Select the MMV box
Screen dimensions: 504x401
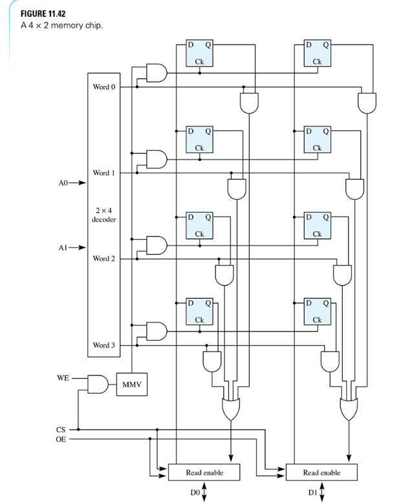click(x=131, y=386)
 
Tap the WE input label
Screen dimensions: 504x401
click(x=62, y=378)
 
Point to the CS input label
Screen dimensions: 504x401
click(x=60, y=428)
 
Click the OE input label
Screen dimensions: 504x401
click(x=60, y=439)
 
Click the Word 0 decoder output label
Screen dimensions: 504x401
click(x=104, y=86)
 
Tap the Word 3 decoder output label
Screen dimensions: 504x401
click(x=104, y=345)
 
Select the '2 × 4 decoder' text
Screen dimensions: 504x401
click(x=104, y=215)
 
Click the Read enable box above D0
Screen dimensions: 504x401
click(x=204, y=472)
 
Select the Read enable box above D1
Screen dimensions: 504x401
click(x=321, y=472)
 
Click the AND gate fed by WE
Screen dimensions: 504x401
click(x=97, y=384)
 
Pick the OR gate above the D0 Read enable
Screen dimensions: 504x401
click(x=232, y=408)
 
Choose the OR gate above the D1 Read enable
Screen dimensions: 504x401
click(x=349, y=408)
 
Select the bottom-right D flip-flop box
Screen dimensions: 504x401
click(x=317, y=311)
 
